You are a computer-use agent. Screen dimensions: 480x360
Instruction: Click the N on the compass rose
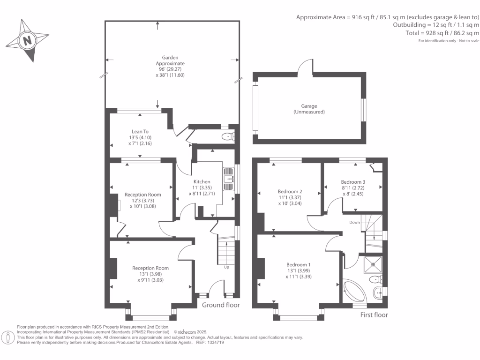[28, 40]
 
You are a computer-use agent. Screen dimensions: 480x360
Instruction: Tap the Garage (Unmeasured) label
[309, 109]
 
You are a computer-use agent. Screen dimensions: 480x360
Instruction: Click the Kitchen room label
[202, 181]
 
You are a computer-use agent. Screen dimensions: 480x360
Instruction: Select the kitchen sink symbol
[228, 179]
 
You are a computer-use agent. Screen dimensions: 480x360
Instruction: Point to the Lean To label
[140, 132]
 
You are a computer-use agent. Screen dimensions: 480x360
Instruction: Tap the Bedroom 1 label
[299, 264]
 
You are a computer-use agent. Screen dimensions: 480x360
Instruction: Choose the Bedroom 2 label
[290, 191]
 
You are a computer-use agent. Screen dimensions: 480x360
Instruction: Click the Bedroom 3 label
[353, 182]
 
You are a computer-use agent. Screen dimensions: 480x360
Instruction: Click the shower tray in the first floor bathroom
[373, 264]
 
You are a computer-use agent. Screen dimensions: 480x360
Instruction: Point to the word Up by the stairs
[226, 267]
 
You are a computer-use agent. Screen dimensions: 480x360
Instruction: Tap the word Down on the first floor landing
[354, 222]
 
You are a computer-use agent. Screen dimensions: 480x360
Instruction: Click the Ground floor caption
[221, 305]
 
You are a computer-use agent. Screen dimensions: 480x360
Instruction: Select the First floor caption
[374, 315]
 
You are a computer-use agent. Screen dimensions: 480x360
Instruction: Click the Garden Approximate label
[170, 60]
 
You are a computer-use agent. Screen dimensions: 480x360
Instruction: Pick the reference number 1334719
[216, 343]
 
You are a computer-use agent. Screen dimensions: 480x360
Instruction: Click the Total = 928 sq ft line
[442, 33]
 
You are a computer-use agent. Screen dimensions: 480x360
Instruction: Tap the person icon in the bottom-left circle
[8, 338]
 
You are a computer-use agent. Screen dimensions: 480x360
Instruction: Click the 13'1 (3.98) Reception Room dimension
[150, 274]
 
